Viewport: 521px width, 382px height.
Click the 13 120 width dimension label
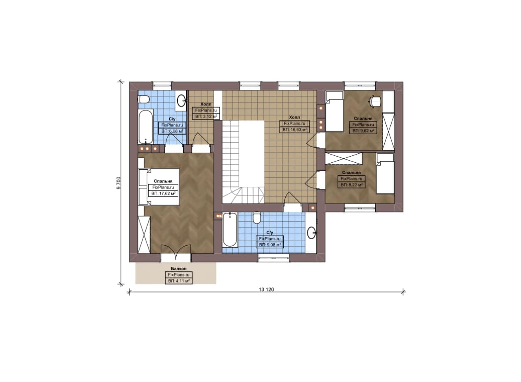266,290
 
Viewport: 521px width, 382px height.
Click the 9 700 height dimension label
118,183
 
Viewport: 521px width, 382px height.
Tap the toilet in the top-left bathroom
144,100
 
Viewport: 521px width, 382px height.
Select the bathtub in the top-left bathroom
146,127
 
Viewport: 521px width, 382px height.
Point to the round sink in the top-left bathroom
182,100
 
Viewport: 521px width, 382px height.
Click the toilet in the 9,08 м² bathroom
257,218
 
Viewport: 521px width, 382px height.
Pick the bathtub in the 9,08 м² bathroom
230,230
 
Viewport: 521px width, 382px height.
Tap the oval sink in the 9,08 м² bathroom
311,233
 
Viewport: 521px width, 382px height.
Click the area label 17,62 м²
164,194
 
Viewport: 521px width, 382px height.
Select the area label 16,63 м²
294,129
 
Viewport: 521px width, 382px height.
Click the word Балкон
179,269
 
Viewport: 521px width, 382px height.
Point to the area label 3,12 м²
206,116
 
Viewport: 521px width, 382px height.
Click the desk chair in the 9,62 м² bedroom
375,102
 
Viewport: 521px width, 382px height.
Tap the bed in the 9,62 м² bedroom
335,111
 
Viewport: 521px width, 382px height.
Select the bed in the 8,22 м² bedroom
385,173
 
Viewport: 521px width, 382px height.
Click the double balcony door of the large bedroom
176,252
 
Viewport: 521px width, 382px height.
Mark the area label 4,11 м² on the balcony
179,281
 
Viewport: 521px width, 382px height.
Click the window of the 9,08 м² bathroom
274,258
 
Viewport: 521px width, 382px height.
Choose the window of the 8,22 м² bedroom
360,208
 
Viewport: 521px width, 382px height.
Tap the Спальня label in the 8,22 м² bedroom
351,172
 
